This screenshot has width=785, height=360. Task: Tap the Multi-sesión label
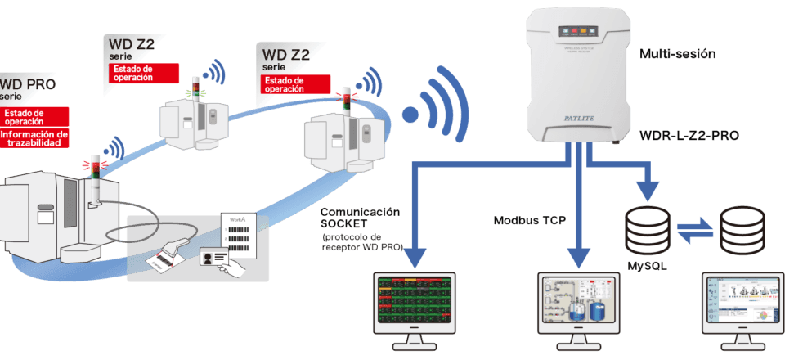(x=678, y=55)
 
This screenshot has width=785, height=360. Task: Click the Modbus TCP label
(x=528, y=221)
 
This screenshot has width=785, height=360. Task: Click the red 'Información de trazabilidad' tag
(x=34, y=138)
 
